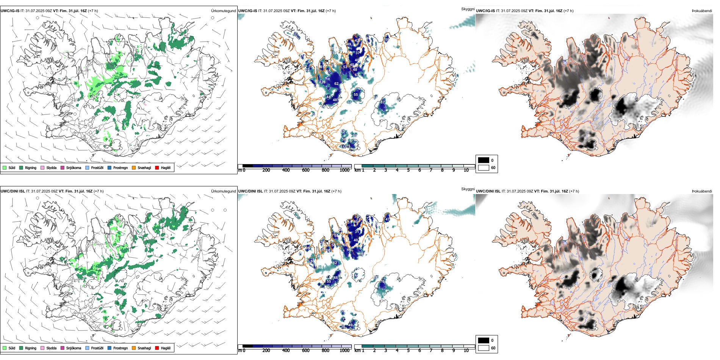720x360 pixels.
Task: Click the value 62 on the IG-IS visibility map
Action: point(336,84)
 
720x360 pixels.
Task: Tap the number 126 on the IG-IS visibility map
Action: point(322,82)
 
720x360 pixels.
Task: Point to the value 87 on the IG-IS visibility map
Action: point(382,102)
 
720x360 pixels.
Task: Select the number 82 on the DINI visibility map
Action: point(335,263)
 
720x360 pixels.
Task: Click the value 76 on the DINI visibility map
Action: point(382,282)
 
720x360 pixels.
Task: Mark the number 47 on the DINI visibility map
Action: point(387,219)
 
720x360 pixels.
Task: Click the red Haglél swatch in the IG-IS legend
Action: point(157,167)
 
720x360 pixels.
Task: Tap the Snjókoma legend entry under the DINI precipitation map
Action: point(74,348)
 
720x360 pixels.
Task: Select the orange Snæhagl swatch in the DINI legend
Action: point(134,348)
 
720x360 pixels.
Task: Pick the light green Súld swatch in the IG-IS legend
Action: point(5,167)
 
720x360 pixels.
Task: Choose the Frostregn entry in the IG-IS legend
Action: point(120,167)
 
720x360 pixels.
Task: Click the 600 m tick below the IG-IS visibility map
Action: point(305,170)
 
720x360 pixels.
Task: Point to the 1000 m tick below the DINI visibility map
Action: point(344,351)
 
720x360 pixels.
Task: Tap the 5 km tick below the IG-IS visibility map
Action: point(408,170)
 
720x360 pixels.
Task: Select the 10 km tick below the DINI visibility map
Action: point(466,351)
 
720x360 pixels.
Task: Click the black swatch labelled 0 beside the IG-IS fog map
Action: point(484,160)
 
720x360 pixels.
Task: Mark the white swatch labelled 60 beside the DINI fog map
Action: point(484,348)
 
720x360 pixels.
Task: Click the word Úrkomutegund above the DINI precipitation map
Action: point(223,191)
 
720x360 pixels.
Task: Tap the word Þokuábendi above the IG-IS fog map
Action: point(702,11)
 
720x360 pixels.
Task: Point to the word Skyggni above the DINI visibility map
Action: point(468,189)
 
